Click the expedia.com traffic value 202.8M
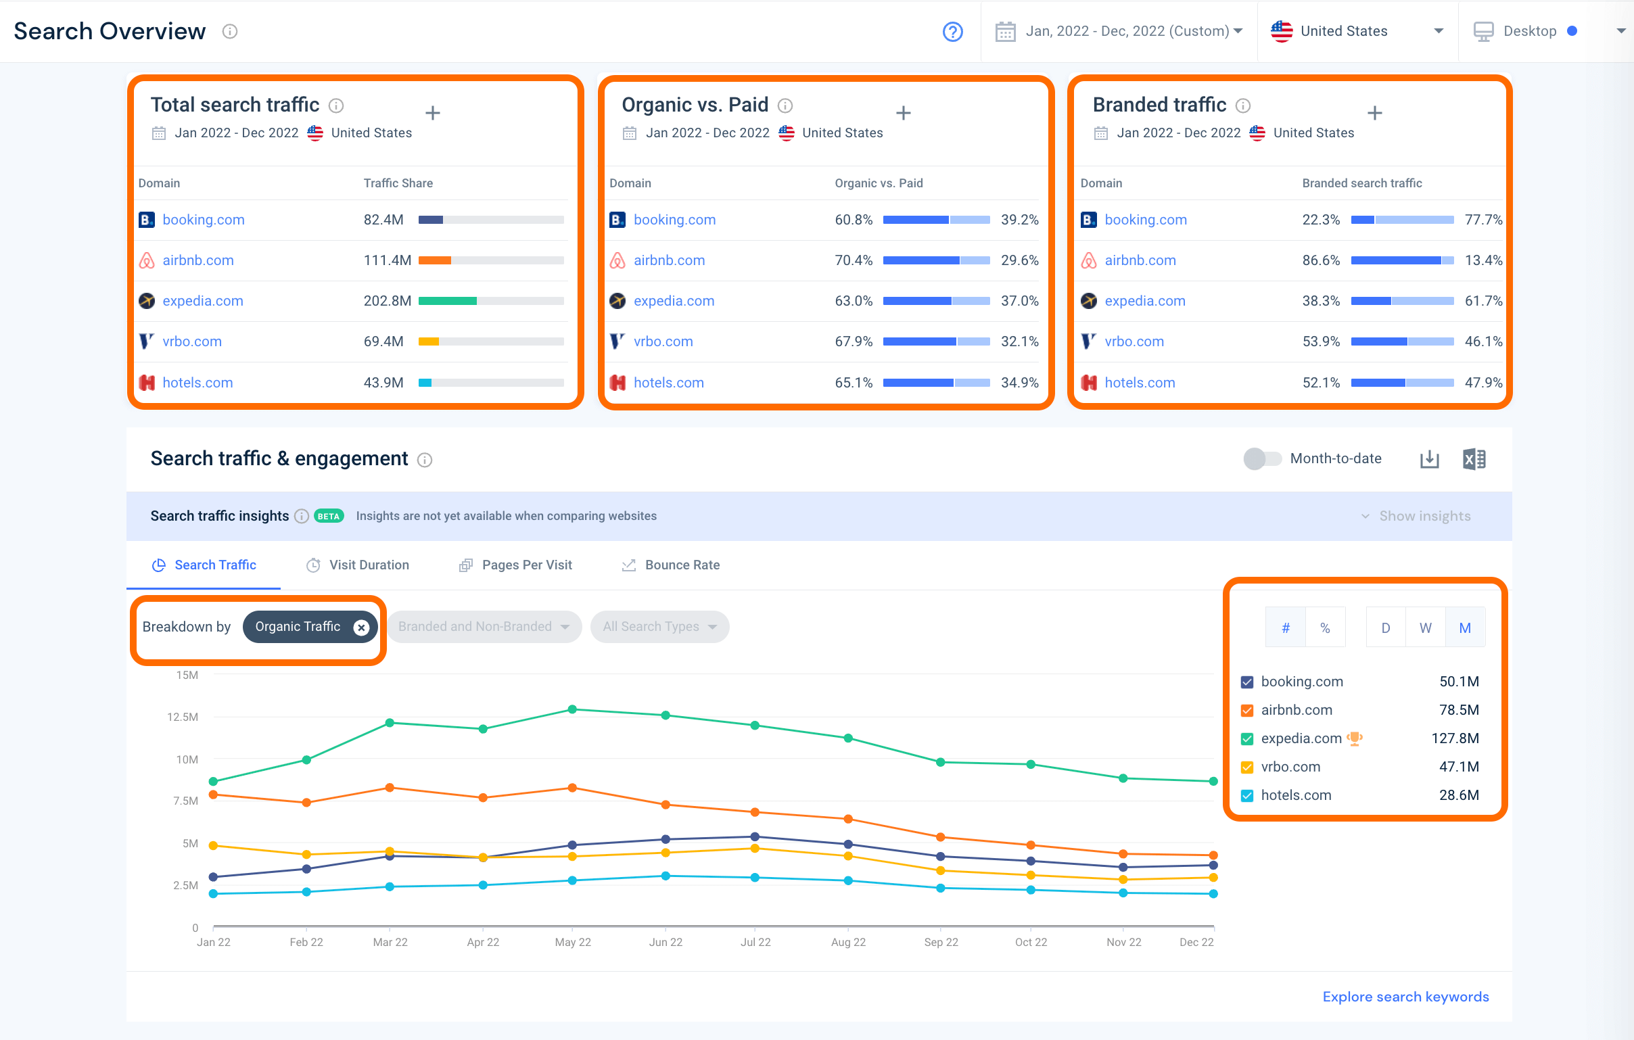coord(387,300)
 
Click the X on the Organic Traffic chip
coord(362,627)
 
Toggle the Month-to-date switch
coord(1261,458)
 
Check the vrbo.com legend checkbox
coord(1246,767)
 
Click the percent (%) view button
coord(1324,628)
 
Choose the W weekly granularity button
coord(1425,628)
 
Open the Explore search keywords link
coord(1405,996)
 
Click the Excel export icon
coord(1474,459)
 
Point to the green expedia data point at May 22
coord(572,709)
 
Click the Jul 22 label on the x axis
coord(755,942)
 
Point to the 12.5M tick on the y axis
coord(183,716)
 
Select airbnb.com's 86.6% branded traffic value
coord(1320,260)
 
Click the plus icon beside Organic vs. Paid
coord(903,113)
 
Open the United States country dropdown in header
coord(1356,31)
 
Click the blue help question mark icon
coord(953,31)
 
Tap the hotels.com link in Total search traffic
coord(197,383)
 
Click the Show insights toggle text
coord(1424,515)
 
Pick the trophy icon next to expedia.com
coord(1355,738)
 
